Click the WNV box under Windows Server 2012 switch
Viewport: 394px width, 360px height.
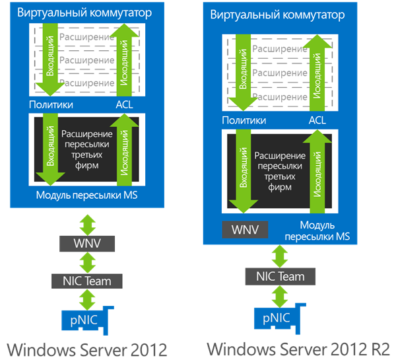coord(87,244)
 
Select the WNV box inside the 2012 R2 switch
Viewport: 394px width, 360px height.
coord(245,229)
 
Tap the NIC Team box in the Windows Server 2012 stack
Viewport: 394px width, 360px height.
coord(87,281)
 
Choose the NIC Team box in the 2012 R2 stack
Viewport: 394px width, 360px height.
coord(280,276)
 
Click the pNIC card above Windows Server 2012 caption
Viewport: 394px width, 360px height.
coord(84,320)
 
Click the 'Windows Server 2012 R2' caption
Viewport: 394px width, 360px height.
coord(298,349)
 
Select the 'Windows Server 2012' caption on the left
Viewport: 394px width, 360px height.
coord(87,350)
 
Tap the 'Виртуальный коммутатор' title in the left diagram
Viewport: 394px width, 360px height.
coord(84,13)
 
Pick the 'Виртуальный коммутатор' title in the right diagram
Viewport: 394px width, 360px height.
coord(277,15)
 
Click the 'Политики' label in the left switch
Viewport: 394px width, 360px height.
coord(51,104)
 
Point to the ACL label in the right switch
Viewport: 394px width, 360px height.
coord(317,120)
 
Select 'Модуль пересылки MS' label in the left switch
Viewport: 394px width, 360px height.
coord(86,196)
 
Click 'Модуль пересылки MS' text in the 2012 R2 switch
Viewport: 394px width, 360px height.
coord(317,231)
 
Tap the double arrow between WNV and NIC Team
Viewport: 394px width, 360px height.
coord(87,263)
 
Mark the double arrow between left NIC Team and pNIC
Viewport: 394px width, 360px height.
coord(87,300)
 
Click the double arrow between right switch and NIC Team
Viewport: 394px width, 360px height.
coord(280,256)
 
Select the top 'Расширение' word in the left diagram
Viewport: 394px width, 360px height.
coord(86,37)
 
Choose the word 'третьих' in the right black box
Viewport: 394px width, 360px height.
coord(280,176)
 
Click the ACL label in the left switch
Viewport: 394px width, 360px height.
coord(124,104)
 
